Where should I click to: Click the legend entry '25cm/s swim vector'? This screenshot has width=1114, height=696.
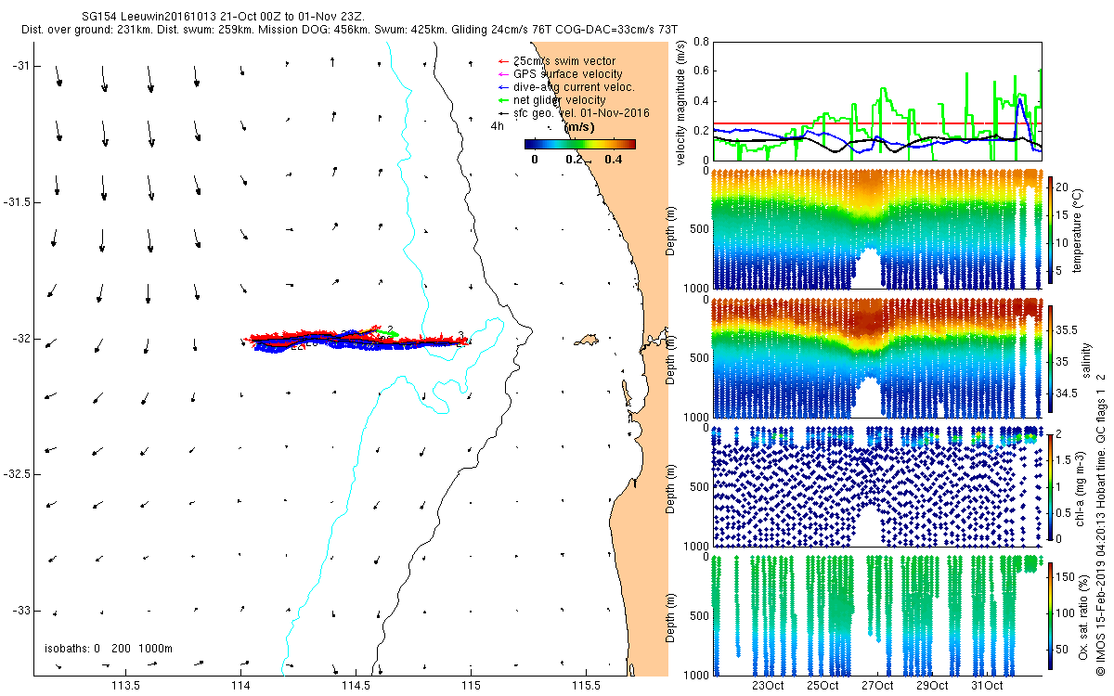coord(563,61)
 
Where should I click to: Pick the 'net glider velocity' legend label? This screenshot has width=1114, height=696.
coord(558,100)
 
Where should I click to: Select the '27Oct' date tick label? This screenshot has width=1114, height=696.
coord(876,687)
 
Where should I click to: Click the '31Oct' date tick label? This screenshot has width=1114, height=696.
coord(986,687)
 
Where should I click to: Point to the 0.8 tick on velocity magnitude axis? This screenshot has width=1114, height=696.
coord(701,43)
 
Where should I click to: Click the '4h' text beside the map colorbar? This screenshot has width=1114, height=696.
coord(498,125)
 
